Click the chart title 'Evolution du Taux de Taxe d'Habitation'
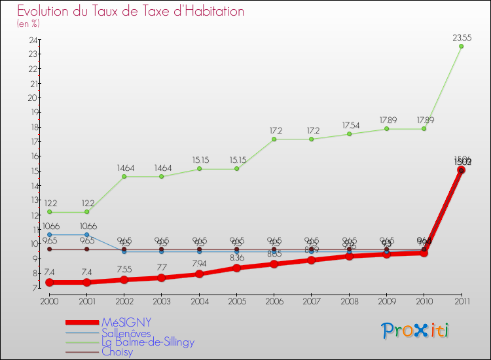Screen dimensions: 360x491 131,12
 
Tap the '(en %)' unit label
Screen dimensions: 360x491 28,24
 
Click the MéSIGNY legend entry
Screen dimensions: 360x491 126,323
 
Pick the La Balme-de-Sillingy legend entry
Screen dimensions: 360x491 148,342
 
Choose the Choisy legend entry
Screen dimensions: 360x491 117,351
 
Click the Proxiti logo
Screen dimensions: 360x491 415,331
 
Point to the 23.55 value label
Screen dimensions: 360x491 462,38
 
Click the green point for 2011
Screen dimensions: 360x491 462,46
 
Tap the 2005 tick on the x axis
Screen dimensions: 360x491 236,300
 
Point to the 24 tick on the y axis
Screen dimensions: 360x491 32,40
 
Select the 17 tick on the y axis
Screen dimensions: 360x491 32,142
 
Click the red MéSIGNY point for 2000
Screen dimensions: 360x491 49,283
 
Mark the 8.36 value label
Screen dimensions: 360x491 236,258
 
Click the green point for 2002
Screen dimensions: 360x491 124,177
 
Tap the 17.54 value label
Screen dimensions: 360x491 349,126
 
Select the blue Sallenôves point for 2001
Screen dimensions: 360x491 86,234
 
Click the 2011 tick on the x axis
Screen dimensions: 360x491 462,300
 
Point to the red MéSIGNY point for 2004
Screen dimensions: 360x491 199,274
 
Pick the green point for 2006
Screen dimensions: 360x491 274,139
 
